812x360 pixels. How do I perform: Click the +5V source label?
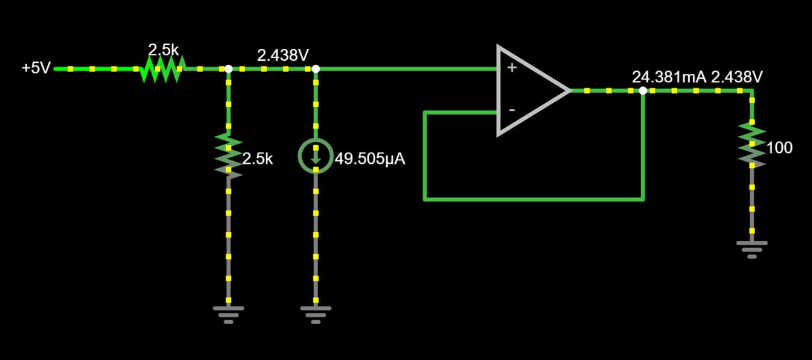(36, 69)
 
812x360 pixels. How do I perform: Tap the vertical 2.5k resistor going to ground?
(228, 155)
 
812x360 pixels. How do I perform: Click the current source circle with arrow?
(315, 154)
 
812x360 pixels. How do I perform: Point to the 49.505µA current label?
(370, 159)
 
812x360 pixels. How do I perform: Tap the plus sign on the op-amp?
(512, 68)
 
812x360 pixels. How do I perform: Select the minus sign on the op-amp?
(512, 110)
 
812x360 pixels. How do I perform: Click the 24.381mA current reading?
(669, 77)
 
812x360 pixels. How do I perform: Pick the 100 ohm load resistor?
(752, 145)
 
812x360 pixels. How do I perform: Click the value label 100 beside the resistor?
(779, 148)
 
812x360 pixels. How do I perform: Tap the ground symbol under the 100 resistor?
(752, 248)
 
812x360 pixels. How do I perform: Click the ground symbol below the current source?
(315, 313)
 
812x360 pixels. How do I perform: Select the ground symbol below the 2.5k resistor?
(228, 313)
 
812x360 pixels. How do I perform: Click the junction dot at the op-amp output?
(643, 90)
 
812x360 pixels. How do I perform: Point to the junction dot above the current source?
(316, 69)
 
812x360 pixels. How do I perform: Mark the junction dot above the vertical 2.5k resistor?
(228, 69)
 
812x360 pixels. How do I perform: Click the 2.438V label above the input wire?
(283, 56)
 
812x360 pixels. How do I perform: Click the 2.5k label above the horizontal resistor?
(164, 49)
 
